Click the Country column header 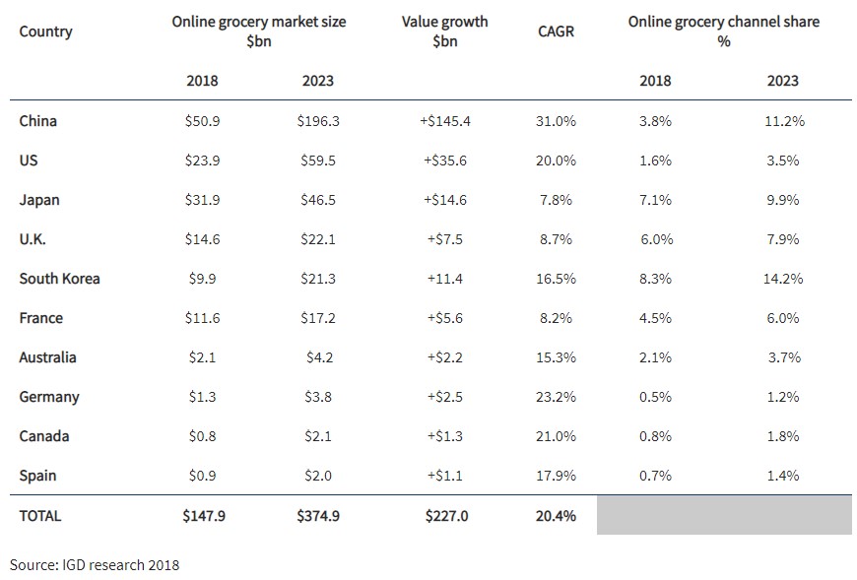45,32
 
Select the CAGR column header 556,32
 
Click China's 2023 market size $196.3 318,121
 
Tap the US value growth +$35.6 442,161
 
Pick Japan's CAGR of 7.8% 556,200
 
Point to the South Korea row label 59,279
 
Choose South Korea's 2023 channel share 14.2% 783,279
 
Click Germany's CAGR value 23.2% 556,397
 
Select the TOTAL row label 40,515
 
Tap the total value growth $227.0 446,515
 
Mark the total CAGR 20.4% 556,515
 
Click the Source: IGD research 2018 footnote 95,564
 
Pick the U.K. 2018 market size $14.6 202,239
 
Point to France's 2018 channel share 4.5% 655,318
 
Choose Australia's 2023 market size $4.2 318,357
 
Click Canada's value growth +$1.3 442,436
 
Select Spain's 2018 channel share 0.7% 655,476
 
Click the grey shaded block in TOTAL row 724,515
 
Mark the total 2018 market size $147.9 204,515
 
